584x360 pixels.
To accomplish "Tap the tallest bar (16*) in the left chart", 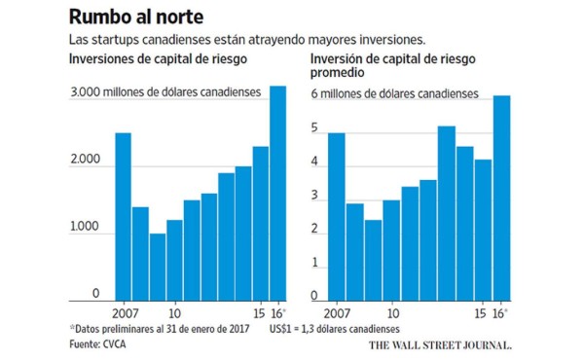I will (x=277, y=195).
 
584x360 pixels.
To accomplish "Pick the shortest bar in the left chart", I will (x=158, y=268).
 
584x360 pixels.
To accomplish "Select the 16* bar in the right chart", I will (x=502, y=198).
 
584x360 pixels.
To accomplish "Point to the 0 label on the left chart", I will (x=96, y=293).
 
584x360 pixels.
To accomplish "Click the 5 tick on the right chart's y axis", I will (x=314, y=128).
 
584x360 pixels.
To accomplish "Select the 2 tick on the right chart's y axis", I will (x=314, y=229).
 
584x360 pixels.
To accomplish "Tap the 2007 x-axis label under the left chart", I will (x=124, y=313).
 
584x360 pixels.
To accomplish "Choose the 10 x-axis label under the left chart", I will (x=175, y=313).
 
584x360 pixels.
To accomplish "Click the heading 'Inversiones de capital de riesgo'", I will (x=157, y=60).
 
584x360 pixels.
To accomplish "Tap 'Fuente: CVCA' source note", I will (x=103, y=344).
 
